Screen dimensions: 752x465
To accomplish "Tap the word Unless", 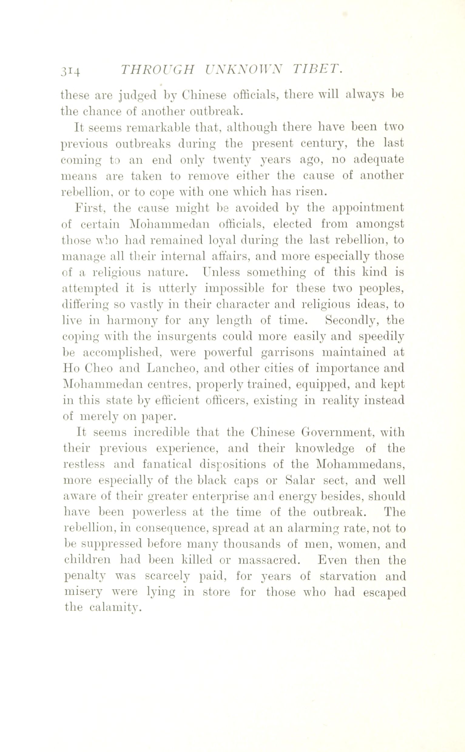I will point(221,272).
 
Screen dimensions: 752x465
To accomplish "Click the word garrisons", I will point(287,353).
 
